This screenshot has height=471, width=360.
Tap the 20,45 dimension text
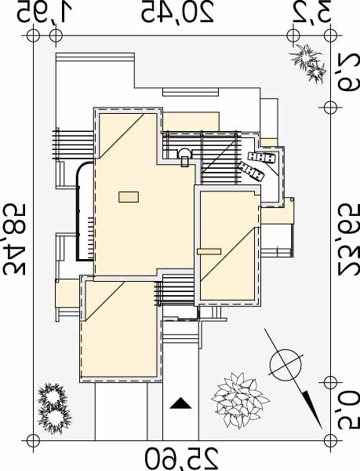click(177, 13)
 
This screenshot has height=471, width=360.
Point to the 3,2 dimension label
click(314, 13)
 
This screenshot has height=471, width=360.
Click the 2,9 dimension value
click(348, 73)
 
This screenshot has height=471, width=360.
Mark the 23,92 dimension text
click(348, 239)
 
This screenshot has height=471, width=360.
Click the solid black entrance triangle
click(180, 403)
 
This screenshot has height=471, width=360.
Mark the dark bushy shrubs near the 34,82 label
click(54, 408)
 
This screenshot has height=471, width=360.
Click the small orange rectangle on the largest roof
click(129, 197)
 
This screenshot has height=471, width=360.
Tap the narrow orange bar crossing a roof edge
click(209, 251)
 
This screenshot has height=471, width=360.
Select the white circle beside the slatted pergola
click(184, 154)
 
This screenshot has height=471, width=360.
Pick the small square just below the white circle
click(185, 162)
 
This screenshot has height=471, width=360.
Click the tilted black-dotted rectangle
click(252, 171)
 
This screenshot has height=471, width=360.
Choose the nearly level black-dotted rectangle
click(262, 158)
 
